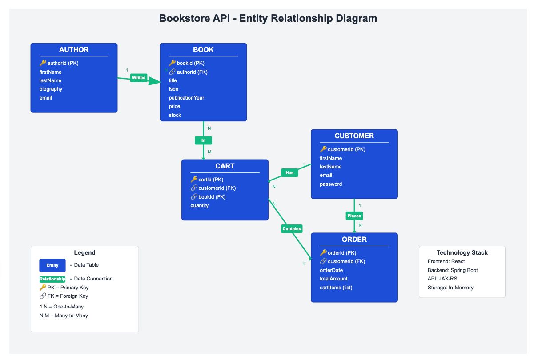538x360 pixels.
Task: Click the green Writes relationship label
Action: (139, 78)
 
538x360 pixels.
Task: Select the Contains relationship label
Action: (292, 229)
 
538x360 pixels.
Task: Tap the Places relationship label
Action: (354, 216)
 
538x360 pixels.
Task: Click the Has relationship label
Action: (289, 173)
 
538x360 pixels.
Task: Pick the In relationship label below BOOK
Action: (204, 140)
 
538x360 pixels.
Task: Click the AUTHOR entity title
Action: (74, 49)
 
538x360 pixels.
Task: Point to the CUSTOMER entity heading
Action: (354, 136)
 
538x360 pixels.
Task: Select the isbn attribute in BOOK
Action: (173, 89)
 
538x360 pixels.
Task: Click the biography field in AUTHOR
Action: (51, 89)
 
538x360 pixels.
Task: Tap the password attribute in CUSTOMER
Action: (331, 184)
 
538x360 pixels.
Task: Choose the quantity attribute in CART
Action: (199, 205)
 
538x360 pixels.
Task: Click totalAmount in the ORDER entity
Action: (333, 279)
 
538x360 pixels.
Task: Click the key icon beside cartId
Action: (194, 179)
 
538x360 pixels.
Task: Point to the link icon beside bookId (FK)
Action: (194, 197)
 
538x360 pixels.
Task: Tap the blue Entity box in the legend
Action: (52, 265)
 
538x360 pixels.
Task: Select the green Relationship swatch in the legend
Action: (52, 279)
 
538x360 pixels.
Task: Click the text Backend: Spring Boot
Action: (453, 270)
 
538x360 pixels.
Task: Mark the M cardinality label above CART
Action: (209, 152)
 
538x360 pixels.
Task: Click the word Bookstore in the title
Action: (195, 19)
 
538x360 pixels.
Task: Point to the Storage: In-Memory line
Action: (450, 288)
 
